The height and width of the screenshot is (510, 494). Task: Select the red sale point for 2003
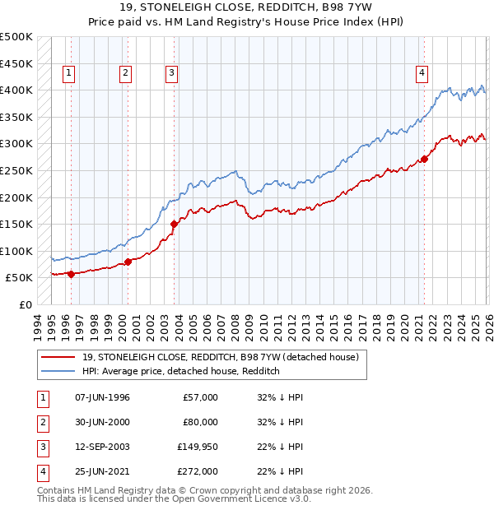(174, 224)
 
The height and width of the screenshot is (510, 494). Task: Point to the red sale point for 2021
(425, 159)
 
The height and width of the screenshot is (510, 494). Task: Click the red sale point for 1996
(71, 274)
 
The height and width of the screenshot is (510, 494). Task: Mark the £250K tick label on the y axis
(16, 170)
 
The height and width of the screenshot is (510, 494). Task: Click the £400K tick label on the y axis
(16, 90)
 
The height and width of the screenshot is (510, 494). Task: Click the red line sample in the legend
(59, 358)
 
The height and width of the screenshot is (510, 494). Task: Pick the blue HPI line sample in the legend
(59, 372)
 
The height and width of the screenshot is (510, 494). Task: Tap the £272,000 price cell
(198, 471)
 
